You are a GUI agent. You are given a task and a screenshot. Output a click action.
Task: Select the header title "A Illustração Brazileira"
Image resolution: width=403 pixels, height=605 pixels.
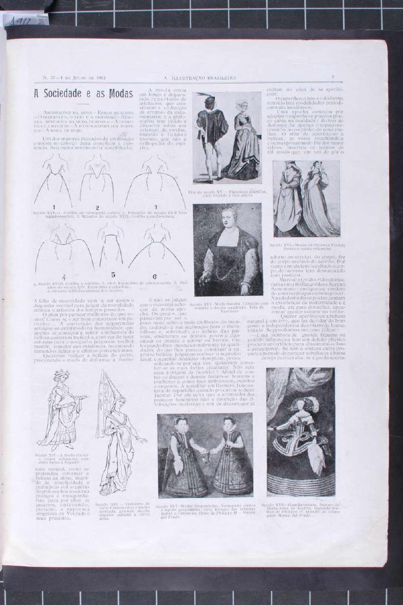[200, 77]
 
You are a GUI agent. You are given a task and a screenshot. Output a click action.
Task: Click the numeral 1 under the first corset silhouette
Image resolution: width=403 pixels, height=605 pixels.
[53, 207]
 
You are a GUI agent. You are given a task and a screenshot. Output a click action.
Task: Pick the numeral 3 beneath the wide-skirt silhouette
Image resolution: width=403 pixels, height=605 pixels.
[156, 207]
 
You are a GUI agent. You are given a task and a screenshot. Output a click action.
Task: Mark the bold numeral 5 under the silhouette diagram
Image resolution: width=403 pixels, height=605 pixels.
[113, 275]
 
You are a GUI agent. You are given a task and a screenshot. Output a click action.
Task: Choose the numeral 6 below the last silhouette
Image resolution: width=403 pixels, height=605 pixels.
[155, 276]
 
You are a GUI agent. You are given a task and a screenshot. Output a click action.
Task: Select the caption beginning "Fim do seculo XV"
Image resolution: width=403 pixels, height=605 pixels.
[227, 194]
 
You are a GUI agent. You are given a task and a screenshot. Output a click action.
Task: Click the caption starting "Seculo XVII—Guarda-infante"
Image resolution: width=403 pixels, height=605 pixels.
[301, 509]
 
